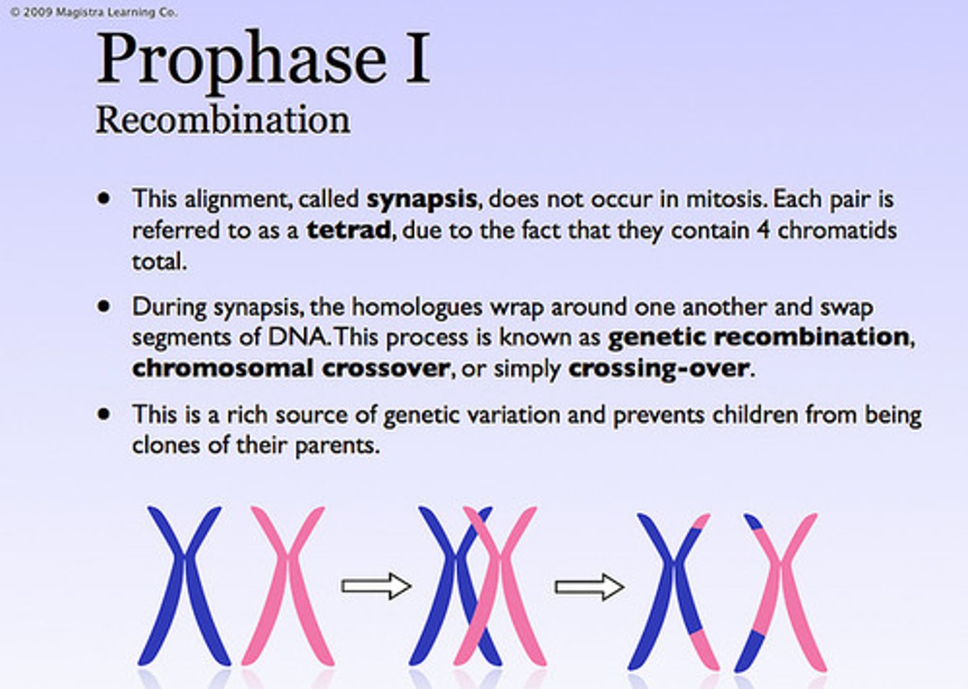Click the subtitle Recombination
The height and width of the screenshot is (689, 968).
[223, 120]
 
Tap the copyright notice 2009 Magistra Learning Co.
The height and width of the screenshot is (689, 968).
[94, 12]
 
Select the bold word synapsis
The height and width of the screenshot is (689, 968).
[421, 200]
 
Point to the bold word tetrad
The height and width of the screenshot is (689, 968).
[348, 231]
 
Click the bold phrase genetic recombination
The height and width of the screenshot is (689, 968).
[759, 337]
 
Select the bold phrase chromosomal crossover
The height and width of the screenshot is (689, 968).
[290, 368]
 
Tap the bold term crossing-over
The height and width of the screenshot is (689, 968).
[658, 368]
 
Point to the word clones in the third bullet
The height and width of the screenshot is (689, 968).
[166, 446]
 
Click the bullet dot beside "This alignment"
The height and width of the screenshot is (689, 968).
[104, 198]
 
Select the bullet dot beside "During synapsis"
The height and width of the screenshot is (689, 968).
[104, 307]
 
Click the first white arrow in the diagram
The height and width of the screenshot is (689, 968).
[375, 585]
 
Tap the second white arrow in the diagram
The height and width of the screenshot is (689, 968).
[589, 587]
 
